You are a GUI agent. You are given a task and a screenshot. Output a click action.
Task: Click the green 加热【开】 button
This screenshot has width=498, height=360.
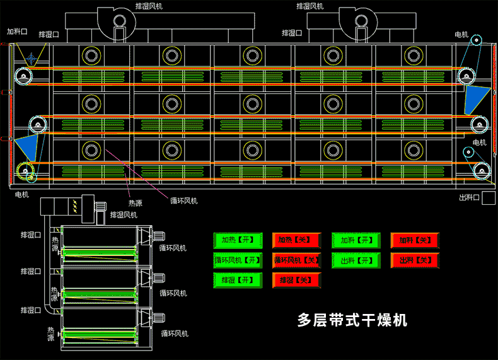tap(237, 240)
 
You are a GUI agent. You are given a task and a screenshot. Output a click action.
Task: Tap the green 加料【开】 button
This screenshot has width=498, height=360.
tap(356, 240)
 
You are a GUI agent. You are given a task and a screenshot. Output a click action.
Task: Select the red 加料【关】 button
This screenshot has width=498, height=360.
tap(415, 240)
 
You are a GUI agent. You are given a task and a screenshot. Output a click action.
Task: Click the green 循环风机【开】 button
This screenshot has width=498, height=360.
tap(237, 260)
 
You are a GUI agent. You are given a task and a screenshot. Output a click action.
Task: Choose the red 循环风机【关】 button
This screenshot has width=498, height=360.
tap(296, 260)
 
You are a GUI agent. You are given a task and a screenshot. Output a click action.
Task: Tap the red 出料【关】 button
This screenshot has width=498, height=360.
tap(415, 260)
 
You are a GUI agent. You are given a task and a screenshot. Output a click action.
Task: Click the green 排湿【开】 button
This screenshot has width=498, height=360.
tap(237, 279)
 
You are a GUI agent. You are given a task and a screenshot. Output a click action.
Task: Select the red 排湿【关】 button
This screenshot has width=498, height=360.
tap(296, 279)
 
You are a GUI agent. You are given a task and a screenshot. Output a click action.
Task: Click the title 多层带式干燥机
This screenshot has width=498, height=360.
tap(352, 320)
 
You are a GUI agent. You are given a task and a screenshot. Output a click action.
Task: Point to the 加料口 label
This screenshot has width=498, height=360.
tap(17, 30)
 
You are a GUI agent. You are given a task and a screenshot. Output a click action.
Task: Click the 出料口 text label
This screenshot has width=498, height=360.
tap(470, 198)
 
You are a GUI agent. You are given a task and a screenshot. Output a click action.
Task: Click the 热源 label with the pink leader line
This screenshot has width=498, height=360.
tap(136, 203)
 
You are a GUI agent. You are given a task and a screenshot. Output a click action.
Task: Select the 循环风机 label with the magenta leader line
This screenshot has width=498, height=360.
tap(183, 200)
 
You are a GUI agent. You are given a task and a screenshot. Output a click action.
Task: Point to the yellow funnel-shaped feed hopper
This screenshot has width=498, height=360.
tap(29, 54)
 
